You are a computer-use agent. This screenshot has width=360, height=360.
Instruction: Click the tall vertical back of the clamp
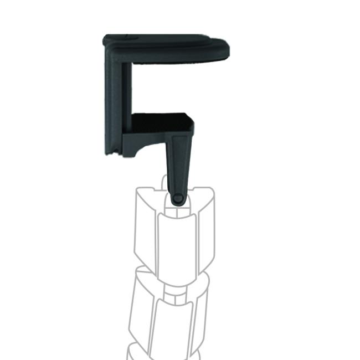point(116,100)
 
